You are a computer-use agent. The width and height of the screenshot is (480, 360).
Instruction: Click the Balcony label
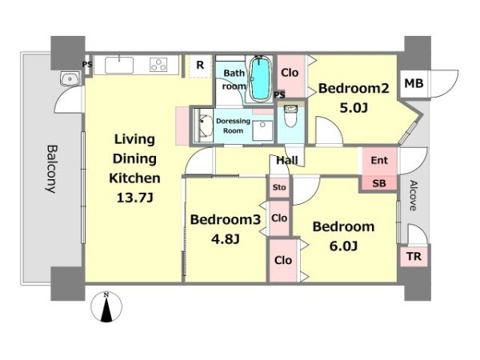point(52,169)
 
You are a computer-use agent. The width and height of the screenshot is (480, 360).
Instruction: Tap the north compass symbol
point(106,307)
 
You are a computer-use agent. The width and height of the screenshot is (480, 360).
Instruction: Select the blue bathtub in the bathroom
point(261,78)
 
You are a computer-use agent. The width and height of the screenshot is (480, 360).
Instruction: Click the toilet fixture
point(290,116)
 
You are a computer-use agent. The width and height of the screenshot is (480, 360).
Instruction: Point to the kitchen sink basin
point(119,65)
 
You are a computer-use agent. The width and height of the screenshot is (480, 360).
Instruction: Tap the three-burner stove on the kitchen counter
point(158,65)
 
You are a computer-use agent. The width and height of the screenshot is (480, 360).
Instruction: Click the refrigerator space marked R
point(200,66)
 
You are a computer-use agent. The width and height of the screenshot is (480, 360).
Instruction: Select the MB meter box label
point(414,83)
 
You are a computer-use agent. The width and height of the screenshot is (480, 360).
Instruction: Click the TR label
point(414,256)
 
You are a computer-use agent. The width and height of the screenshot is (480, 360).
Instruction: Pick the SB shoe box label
point(379,183)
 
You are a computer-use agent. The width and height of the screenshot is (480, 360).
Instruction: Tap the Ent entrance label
point(379,160)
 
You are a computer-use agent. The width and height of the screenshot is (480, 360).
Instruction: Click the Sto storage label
point(279,187)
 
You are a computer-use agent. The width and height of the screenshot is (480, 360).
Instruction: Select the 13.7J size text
point(134,198)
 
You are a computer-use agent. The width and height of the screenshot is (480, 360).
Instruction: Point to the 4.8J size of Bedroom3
point(226,239)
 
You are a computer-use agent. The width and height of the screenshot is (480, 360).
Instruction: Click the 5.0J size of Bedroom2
point(354,108)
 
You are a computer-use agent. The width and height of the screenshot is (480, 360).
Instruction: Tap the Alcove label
point(414,196)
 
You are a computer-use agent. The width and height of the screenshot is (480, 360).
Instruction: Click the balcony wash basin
point(70,79)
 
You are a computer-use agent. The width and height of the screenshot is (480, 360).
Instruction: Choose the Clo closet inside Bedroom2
point(290,73)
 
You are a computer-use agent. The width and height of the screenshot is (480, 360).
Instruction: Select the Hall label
point(287,160)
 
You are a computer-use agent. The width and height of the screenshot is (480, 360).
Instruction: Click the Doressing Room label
point(234,126)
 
